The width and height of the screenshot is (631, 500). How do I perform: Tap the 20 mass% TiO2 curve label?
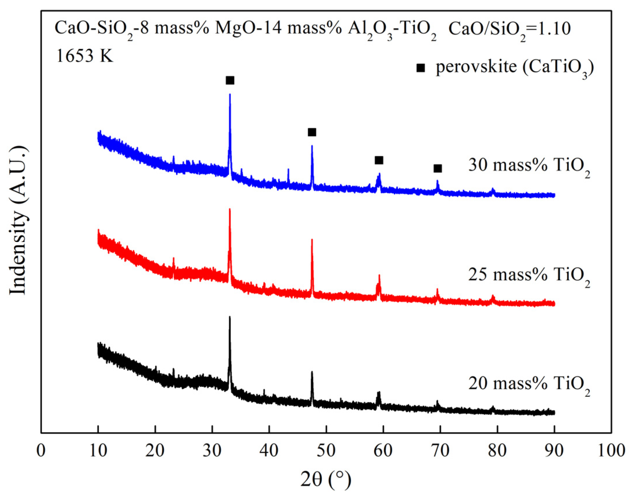point(529,385)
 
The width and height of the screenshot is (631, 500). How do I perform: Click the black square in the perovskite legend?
point(420,68)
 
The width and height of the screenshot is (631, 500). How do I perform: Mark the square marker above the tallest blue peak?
point(230,81)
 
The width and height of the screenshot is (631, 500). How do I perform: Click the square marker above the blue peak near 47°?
point(312,132)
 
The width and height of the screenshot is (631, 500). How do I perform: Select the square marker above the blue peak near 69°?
point(437,169)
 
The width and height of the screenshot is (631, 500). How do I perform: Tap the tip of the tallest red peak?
point(230,209)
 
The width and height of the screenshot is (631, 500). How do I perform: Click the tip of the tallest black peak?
point(230,317)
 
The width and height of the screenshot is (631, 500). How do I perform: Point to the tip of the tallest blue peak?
point(230,94)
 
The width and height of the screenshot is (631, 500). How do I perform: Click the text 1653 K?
point(85,56)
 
